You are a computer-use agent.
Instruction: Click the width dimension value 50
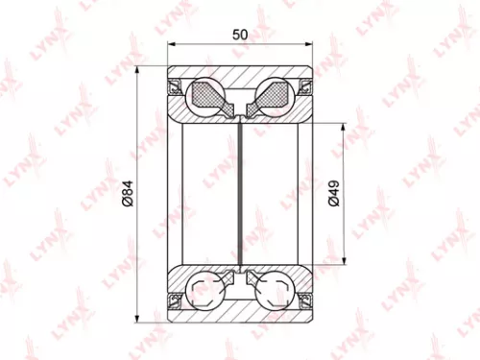(x=240, y=34)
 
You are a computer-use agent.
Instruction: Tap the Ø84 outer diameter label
(x=127, y=195)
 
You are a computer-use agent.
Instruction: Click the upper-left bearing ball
(x=205, y=94)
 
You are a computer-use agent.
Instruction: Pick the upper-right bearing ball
(x=275, y=94)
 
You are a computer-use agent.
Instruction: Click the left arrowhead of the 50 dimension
(x=172, y=45)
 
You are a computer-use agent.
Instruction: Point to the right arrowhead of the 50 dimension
(x=308, y=45)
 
